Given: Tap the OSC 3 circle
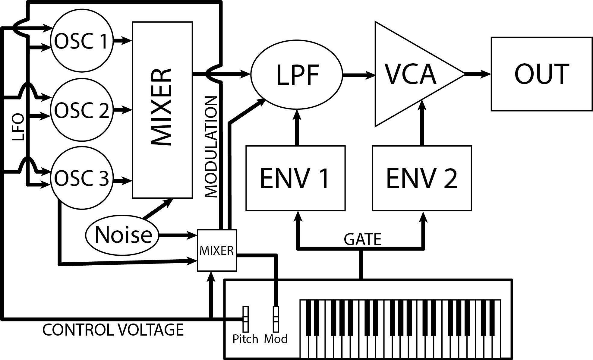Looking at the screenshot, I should point(81,178).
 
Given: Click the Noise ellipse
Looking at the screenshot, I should point(122,235).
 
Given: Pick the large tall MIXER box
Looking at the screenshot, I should point(162,110).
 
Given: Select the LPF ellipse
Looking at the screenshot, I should point(297,74).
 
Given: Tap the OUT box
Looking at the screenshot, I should point(541,74).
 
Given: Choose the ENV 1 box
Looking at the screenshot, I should point(295,178).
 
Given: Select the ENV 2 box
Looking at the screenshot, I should point(422,178).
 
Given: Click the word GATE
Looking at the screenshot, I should point(363,240).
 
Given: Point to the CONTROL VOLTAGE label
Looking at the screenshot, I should point(113,330).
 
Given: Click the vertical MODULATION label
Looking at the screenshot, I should point(211,147).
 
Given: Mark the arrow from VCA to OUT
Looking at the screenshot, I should point(478,74).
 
